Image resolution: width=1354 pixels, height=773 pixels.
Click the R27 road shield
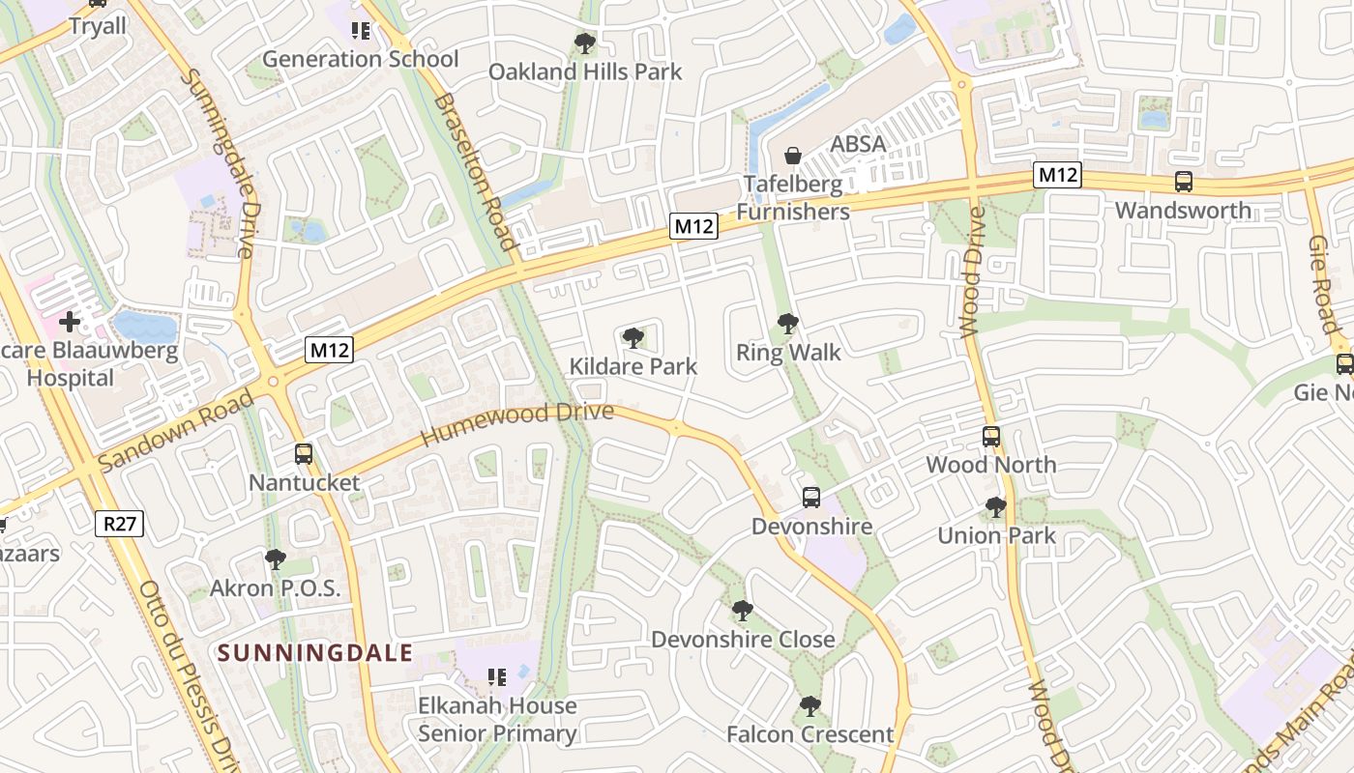[x=120, y=524]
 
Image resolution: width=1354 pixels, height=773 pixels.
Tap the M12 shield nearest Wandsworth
[x=1056, y=175]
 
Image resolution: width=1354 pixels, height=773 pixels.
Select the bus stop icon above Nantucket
[x=304, y=453]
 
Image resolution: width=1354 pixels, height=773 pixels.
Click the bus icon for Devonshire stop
[x=811, y=498]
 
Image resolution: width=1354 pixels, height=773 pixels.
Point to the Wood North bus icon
[x=991, y=436]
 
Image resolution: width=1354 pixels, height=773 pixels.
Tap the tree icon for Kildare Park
[x=633, y=337]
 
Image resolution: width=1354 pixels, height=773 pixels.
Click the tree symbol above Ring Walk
[x=788, y=324]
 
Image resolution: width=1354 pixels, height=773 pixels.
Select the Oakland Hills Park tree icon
[x=584, y=43]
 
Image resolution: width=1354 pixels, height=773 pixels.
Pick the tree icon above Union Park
[x=995, y=506]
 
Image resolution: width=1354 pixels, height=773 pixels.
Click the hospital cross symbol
[x=70, y=321]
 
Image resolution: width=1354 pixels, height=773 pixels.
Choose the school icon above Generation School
[x=361, y=31]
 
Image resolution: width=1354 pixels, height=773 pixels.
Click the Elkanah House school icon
[x=497, y=676]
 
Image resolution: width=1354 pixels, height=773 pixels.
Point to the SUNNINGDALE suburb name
[x=315, y=653]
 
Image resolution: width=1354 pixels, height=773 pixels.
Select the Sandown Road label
[x=176, y=430]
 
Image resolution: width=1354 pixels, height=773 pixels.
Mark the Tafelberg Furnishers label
[x=793, y=198]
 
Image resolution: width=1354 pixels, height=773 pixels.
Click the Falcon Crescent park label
[x=809, y=734]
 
